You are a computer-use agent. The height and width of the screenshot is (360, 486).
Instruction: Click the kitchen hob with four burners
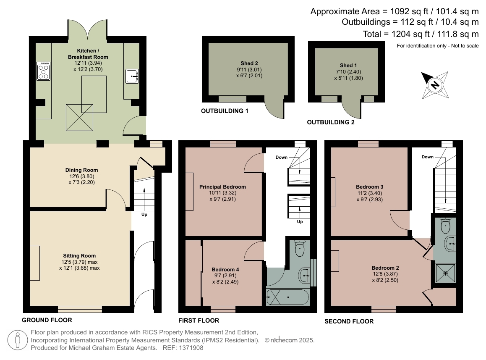click(43, 71)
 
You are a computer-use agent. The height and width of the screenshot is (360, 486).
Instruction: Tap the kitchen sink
click(132, 76)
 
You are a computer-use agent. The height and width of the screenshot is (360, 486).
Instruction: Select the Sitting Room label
click(79, 256)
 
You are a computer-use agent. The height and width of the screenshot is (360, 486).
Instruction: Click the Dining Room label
click(81, 170)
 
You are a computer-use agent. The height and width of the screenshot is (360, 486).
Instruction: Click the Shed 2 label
click(249, 63)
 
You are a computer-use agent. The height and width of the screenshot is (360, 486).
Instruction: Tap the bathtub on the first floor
click(287, 297)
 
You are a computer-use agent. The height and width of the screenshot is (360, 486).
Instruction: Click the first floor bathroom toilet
click(299, 248)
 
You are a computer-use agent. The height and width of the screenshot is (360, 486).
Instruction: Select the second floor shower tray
click(446, 273)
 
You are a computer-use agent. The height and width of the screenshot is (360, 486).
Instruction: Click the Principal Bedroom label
click(222, 187)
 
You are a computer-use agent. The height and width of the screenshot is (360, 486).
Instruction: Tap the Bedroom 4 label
click(225, 270)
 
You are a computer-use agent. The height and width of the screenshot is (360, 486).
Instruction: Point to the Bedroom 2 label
click(385, 268)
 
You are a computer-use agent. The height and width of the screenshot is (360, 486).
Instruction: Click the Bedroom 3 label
click(369, 187)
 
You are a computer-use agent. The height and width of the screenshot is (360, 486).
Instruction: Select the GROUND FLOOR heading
click(47, 320)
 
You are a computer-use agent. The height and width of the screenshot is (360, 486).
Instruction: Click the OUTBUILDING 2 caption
click(331, 122)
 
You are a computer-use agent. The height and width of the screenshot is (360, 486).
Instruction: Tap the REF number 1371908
click(191, 348)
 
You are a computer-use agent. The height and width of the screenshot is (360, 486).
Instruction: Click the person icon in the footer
click(18, 340)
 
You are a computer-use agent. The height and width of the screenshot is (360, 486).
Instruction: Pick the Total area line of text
click(421, 34)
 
